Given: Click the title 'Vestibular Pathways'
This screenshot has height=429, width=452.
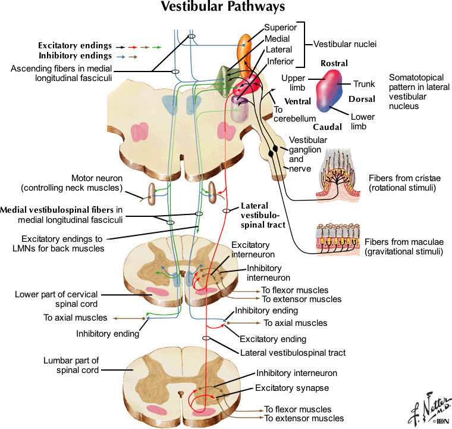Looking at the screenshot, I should pyautogui.click(x=225, y=8).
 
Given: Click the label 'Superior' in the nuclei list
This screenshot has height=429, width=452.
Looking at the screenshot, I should pyautogui.click(x=280, y=27).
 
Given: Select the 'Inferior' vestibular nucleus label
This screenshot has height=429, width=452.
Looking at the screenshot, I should pyautogui.click(x=280, y=61).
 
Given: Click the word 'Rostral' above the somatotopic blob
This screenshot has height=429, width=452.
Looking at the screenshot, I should pyautogui.click(x=334, y=63).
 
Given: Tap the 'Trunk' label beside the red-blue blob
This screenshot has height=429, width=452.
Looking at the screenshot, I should pyautogui.click(x=365, y=84).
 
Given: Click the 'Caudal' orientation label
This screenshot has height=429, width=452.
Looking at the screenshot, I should pyautogui.click(x=327, y=127).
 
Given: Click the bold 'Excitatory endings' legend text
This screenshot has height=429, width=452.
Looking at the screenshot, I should pyautogui.click(x=75, y=45).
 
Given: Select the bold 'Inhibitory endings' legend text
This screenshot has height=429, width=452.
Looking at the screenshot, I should pyautogui.click(x=75, y=55).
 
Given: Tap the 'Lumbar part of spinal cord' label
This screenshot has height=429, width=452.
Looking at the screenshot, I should pyautogui.click(x=71, y=365).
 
